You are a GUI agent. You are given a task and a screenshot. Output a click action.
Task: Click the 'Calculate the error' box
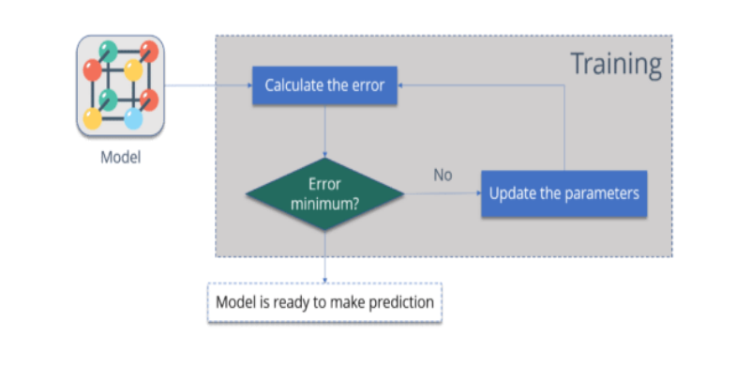click(x=324, y=85)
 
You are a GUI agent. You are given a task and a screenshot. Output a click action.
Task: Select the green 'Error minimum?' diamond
click(x=324, y=193)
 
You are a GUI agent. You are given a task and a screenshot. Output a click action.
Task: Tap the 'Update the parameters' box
click(x=564, y=193)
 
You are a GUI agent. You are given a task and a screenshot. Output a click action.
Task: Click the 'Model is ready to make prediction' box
click(x=323, y=303)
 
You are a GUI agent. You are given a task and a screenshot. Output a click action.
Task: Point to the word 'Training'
click(x=616, y=65)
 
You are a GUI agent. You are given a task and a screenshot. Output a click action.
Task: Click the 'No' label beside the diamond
click(x=444, y=175)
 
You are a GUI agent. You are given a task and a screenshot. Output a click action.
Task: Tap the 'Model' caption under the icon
click(x=120, y=157)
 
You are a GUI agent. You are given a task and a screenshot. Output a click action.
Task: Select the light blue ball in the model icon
click(x=133, y=119)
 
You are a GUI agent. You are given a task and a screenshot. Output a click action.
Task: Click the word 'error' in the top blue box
click(x=367, y=85)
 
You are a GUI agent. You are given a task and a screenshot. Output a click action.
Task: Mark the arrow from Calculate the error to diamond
click(x=324, y=131)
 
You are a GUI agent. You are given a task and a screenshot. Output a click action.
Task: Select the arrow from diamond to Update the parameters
click(x=442, y=194)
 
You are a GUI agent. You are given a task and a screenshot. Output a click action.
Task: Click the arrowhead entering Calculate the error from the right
click(x=401, y=85)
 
